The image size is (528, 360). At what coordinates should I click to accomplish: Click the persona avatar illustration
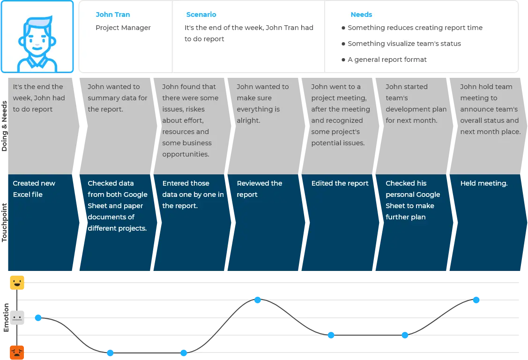pyautogui.click(x=37, y=37)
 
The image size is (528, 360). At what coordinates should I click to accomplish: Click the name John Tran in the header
pyautogui.click(x=113, y=15)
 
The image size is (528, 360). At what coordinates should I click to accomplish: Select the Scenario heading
pyautogui.click(x=201, y=15)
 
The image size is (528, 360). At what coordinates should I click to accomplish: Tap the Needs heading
pyautogui.click(x=361, y=15)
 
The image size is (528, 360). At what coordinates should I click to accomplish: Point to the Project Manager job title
pyautogui.click(x=123, y=28)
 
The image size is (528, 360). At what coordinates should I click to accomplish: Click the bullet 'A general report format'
pyautogui.click(x=387, y=60)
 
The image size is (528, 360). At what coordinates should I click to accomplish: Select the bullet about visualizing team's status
pyautogui.click(x=404, y=44)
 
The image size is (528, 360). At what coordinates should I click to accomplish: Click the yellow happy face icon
pyautogui.click(x=17, y=283)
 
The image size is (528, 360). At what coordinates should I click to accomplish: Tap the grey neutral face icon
pyautogui.click(x=17, y=317)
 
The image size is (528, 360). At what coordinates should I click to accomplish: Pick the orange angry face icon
pyautogui.click(x=17, y=352)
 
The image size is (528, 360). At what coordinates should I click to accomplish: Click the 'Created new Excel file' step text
pyautogui.click(x=34, y=189)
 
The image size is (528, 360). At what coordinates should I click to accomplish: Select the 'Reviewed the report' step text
pyautogui.click(x=260, y=189)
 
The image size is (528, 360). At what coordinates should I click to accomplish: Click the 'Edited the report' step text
pyautogui.click(x=340, y=183)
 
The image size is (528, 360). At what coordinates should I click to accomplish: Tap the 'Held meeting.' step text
pyautogui.click(x=484, y=183)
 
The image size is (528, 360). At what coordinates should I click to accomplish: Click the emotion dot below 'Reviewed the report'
pyautogui.click(x=257, y=300)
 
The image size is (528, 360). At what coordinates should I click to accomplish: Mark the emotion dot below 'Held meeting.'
pyautogui.click(x=476, y=300)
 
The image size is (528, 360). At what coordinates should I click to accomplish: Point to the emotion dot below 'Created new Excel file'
pyautogui.click(x=38, y=317)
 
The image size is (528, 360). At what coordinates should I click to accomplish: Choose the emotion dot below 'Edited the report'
pyautogui.click(x=331, y=335)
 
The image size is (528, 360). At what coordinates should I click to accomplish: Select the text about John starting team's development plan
pyautogui.click(x=416, y=104)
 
